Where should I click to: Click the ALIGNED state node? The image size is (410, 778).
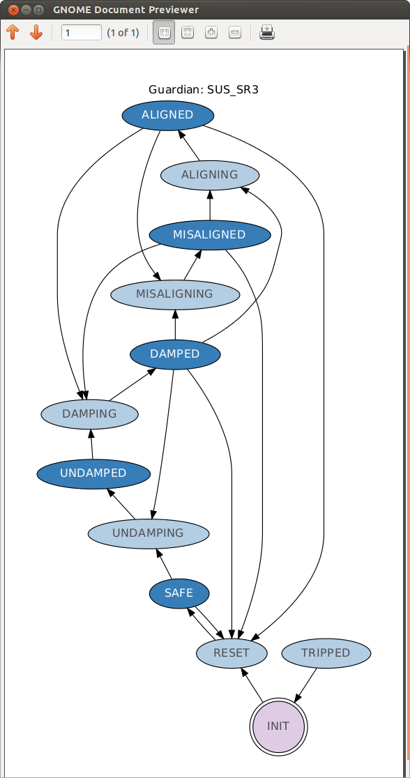pos(168,115)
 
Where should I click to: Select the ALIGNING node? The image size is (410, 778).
pos(209,175)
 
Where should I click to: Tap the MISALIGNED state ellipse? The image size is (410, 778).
pos(209,234)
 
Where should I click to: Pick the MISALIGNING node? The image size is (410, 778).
pos(175,294)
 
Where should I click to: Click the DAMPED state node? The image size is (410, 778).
pos(175,354)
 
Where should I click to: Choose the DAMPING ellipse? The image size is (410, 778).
pos(89,414)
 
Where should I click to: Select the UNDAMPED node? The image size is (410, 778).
pos(93,473)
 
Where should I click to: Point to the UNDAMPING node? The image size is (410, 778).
pos(149,533)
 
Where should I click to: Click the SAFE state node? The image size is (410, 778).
pos(179,593)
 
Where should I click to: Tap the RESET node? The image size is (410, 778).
pos(231,653)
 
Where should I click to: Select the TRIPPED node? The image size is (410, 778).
pos(326,653)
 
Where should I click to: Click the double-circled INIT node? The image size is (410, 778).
pos(278,726)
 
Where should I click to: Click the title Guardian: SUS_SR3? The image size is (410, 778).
pos(204,90)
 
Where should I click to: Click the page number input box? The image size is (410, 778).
pos(82,33)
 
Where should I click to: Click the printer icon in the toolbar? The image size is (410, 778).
pos(267,33)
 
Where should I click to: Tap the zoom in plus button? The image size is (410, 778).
pos(211,33)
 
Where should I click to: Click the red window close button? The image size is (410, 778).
pos(13,10)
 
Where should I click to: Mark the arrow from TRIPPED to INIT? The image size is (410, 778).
pos(306,685)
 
